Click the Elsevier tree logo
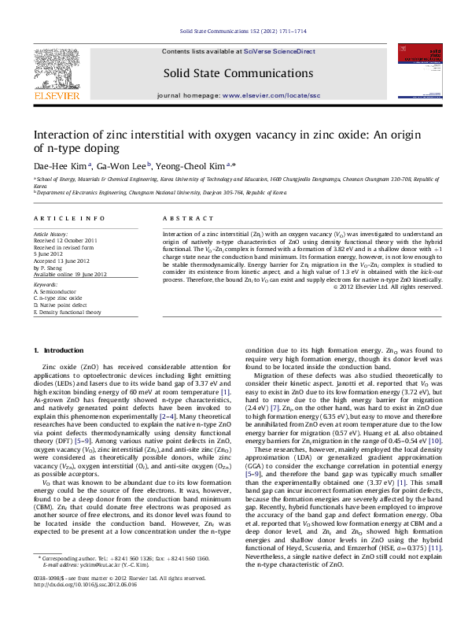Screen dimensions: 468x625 point(56,69)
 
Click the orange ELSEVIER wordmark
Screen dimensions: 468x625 point(56,96)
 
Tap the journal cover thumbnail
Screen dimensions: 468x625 point(417,73)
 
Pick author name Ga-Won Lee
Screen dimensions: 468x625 point(121,166)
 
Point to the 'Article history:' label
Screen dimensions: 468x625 point(50,235)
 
